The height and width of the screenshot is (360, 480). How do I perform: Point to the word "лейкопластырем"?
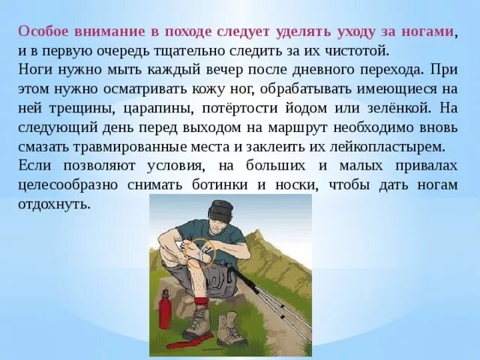[x=402, y=145]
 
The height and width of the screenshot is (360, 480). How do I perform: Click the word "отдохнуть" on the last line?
[x=52, y=203]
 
